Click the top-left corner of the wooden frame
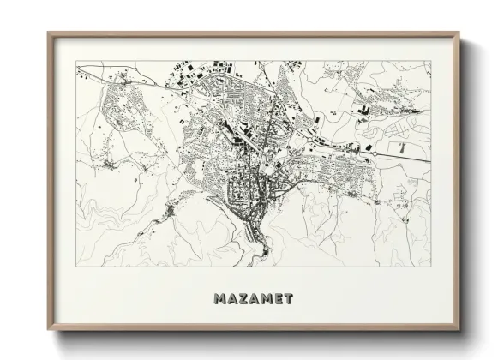[48, 33]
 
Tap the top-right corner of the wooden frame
[459, 33]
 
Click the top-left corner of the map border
[76, 61]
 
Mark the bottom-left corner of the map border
[76, 266]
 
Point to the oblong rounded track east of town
[403, 147]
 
